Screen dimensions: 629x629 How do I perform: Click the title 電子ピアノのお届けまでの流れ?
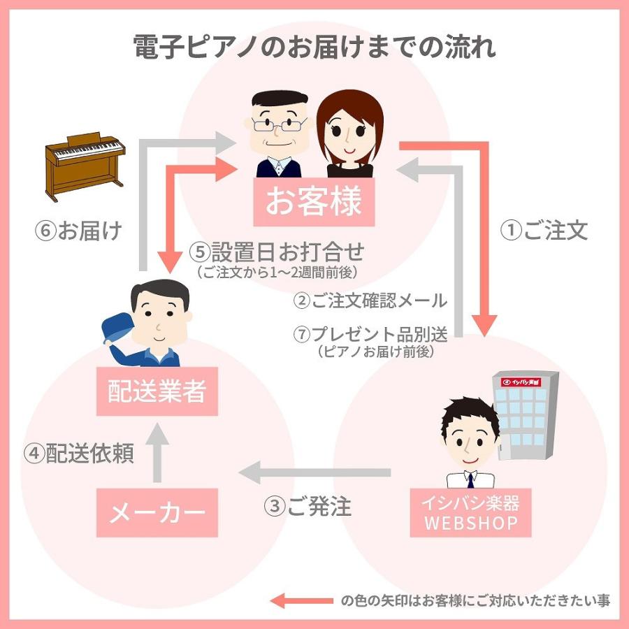coord(314,48)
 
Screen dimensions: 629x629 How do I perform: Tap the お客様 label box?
coord(313,202)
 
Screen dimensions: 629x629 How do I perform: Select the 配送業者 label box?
coord(157,391)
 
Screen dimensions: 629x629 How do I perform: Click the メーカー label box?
coord(157,514)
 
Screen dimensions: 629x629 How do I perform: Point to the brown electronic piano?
coord(85,166)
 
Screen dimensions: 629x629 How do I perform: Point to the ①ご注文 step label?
coord(546,231)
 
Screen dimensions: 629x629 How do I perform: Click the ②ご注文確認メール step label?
coord(370,301)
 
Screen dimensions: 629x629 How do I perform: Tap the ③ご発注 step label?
coord(308,506)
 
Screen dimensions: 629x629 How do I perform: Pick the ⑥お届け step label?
coord(78,231)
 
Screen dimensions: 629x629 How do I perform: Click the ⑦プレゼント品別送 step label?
coord(370,334)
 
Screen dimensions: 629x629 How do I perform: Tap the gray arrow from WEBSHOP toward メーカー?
coord(314,474)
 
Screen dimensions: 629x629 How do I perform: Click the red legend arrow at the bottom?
coord(301,600)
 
